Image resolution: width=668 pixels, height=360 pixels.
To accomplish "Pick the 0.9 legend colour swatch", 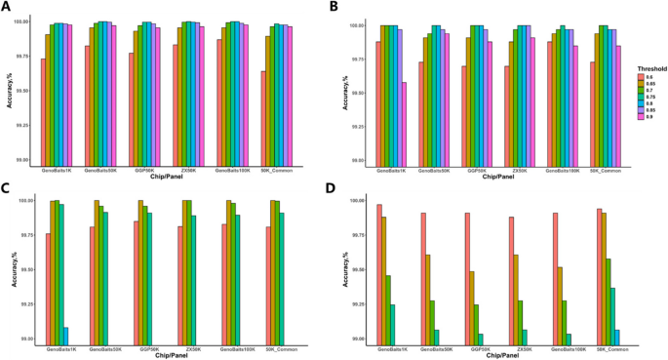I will [641, 118].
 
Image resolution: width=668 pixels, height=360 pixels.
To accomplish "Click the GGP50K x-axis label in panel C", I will [141, 347].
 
